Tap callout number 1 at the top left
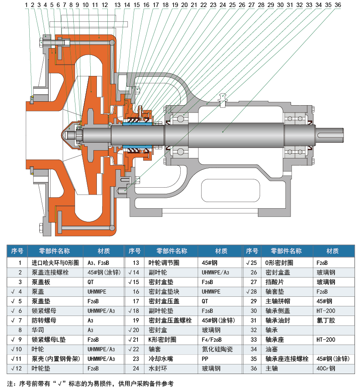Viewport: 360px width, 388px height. point(27,5)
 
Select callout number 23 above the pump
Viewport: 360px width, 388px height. point(213,5)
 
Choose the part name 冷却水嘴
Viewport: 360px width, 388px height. point(158,359)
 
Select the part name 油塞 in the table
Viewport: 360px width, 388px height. point(271,349)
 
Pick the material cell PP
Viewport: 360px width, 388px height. point(206,359)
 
